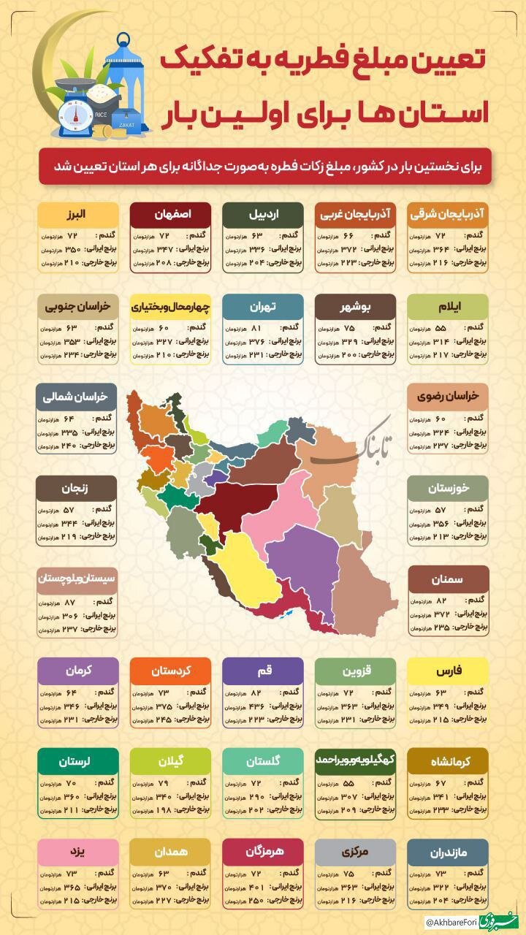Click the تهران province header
[x=263, y=307]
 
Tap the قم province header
[x=263, y=670]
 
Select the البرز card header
[x=78, y=215]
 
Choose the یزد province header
[x=78, y=851]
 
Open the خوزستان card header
[x=447, y=488]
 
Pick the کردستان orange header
[x=170, y=670]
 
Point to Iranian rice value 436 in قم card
[x=256, y=706]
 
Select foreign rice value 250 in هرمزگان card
[x=256, y=900]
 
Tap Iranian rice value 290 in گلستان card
[x=256, y=796]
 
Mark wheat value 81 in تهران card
[x=256, y=329]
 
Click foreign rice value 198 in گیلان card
[x=164, y=809]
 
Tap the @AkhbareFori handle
[x=449, y=923]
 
